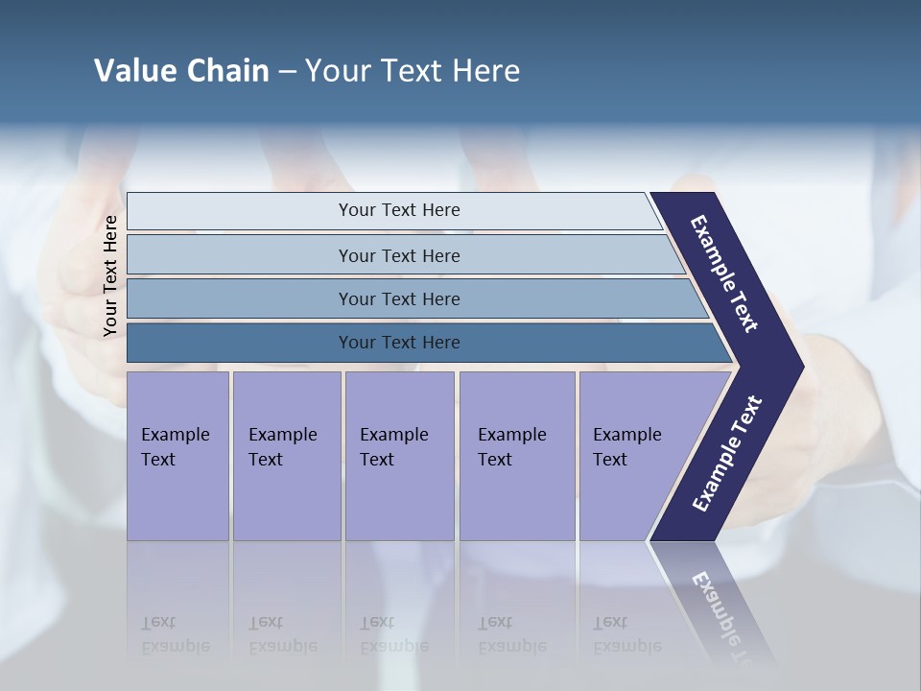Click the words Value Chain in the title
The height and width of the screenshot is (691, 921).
pos(181,71)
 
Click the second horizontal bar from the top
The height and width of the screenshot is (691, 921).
pos(399,255)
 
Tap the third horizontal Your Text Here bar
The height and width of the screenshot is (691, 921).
pos(399,298)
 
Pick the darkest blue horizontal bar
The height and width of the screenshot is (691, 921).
pos(399,343)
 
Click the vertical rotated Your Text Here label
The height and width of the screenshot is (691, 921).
pos(111,275)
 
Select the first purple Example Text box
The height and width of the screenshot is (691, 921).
pos(177,455)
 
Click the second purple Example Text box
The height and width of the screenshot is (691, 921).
pos(287,455)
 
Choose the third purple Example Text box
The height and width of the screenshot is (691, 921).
pos(399,455)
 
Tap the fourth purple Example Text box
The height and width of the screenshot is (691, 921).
pos(517,455)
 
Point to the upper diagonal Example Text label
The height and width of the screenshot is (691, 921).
pos(724,274)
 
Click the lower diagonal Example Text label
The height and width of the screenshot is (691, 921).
pos(727,453)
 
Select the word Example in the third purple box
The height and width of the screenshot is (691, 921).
pos(393,435)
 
